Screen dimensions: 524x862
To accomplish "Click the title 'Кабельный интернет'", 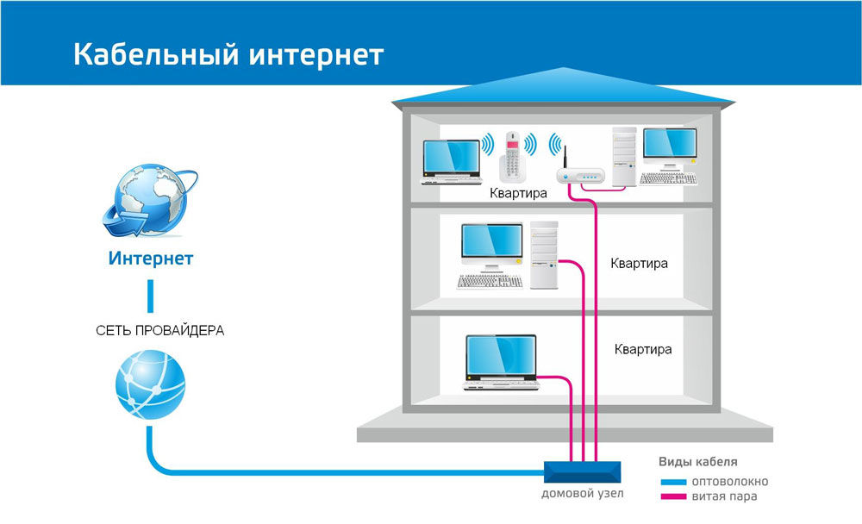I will click(228, 54).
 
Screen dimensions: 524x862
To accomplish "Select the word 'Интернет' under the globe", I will click(151, 259).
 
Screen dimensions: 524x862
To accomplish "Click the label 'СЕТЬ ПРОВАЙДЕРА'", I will click(159, 330).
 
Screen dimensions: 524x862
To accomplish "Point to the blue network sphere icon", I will click(150, 384).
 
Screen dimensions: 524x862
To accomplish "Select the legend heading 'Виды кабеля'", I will click(698, 461).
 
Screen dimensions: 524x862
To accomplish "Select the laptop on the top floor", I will click(452, 162).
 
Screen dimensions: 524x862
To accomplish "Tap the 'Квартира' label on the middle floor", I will click(639, 263).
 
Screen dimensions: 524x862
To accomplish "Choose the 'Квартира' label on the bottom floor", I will click(643, 350).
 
